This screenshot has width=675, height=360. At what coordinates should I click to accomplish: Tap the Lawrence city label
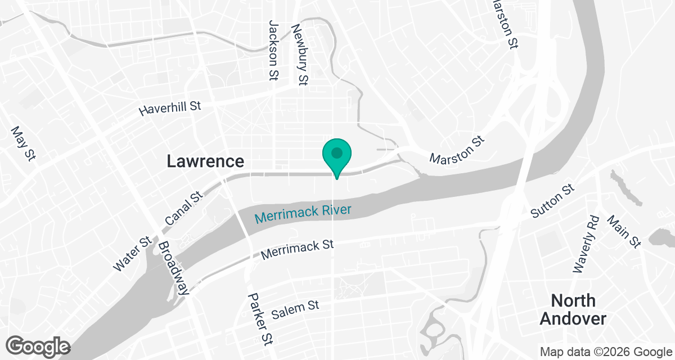pos(205,161)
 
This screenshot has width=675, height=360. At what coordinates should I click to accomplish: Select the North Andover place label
pos(573,309)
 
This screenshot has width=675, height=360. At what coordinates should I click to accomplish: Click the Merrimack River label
pos(303,213)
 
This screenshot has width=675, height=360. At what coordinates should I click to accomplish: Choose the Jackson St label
pos(274,51)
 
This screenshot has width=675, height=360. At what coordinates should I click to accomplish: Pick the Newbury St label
pos(299,55)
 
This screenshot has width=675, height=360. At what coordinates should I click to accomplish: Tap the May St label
pos(23,143)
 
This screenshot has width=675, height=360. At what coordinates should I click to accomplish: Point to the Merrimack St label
pos(298,250)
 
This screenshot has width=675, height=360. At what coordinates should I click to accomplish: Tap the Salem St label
pos(295,310)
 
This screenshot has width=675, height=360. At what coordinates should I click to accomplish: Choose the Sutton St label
pos(553,201)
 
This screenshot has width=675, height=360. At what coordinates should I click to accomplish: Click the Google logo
pos(38,346)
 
